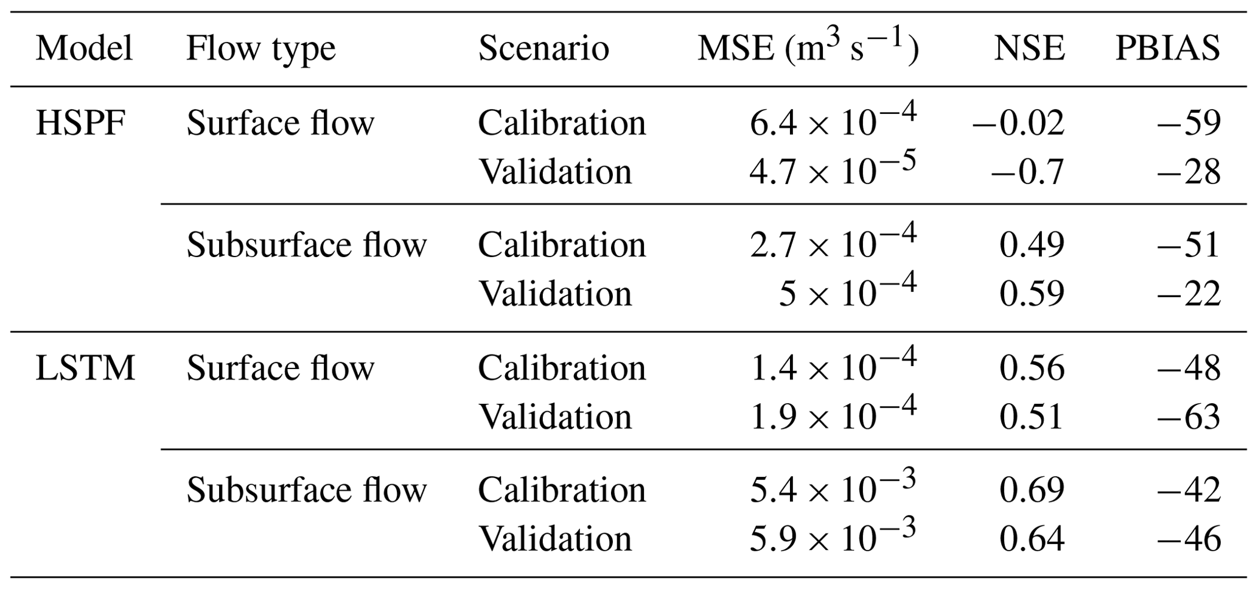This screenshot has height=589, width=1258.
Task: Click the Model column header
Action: point(84,49)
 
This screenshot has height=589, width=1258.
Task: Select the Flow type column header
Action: point(260,49)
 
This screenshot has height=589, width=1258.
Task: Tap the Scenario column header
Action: point(543,49)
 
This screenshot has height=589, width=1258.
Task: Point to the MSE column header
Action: point(807,49)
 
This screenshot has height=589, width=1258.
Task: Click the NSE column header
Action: point(1029,49)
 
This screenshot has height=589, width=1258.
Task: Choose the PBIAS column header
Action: point(1167,49)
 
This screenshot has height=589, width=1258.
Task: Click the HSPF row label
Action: point(80,124)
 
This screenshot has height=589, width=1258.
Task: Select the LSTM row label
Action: point(85,369)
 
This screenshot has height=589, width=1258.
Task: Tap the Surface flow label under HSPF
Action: point(280,124)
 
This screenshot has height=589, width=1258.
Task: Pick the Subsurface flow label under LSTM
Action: point(307,490)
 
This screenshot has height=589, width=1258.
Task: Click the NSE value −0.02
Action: point(1018,124)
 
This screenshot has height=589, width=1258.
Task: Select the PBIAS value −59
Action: point(1189,124)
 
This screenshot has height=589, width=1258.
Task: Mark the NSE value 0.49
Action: point(1032,245)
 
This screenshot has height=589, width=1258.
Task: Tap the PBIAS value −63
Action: point(1189,418)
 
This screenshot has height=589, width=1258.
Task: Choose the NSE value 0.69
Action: point(1032,490)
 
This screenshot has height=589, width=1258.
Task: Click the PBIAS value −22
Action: point(1189,294)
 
